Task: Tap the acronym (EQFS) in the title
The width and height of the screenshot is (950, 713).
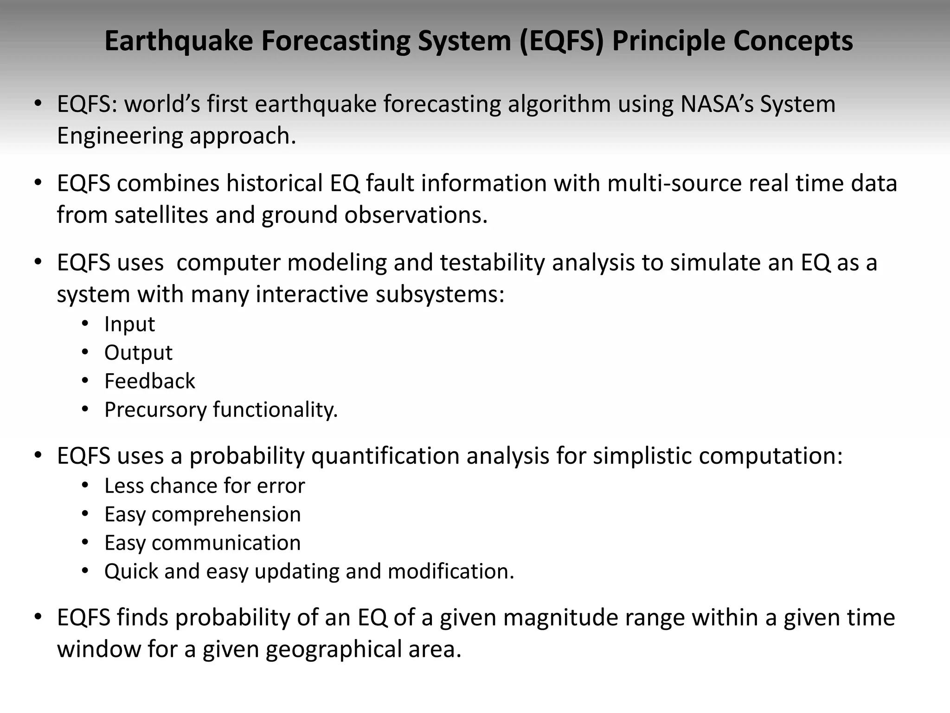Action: click(x=561, y=41)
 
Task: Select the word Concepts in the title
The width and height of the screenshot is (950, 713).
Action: click(x=793, y=41)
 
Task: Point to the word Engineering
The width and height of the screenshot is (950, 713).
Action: click(x=120, y=136)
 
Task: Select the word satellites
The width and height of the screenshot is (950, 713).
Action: click(x=161, y=215)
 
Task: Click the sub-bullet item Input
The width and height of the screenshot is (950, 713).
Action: click(x=129, y=324)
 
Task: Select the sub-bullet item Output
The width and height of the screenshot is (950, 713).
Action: click(x=138, y=353)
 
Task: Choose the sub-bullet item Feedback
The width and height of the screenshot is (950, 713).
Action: click(x=149, y=381)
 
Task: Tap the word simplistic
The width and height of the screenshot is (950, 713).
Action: click(x=642, y=456)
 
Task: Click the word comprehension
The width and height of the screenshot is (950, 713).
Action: click(x=226, y=514)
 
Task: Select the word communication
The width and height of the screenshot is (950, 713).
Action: click(x=226, y=543)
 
